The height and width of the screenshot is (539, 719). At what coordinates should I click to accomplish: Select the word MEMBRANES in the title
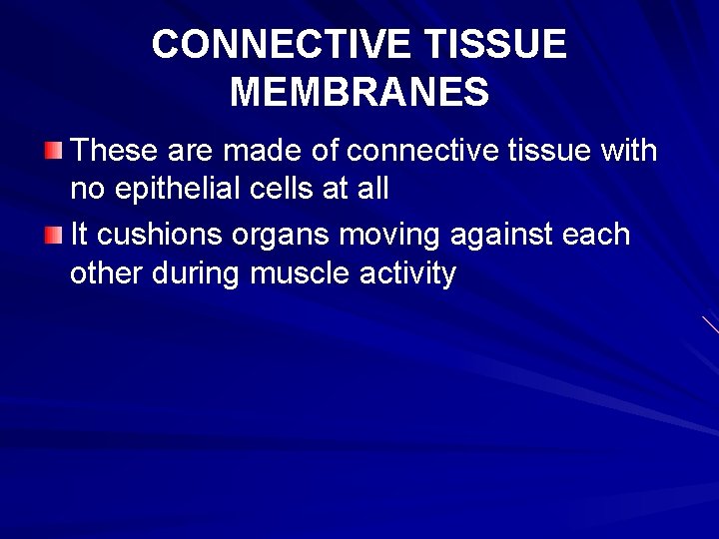pos(359,93)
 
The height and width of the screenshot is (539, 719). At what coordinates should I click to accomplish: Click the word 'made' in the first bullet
pos(261,152)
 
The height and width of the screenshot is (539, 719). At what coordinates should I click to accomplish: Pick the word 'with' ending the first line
pos(628,152)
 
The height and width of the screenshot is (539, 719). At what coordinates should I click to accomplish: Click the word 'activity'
pos(405,272)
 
